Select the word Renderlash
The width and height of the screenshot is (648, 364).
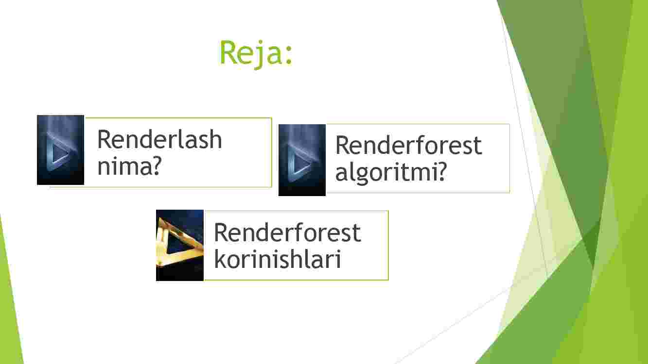159,139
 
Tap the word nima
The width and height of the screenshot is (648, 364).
124,167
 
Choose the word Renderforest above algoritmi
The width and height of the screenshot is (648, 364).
408,145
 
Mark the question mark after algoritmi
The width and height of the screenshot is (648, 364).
442,171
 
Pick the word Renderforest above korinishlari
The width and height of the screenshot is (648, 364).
287,232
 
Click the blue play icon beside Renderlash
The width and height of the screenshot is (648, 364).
60,150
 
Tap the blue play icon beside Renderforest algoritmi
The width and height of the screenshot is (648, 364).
302,160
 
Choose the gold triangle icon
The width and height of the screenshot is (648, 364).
180,245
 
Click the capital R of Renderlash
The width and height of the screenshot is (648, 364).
105,139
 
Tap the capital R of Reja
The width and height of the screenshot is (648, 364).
228,52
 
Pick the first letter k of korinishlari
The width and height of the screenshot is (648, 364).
220,259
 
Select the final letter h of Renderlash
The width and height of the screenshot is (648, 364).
215,139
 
